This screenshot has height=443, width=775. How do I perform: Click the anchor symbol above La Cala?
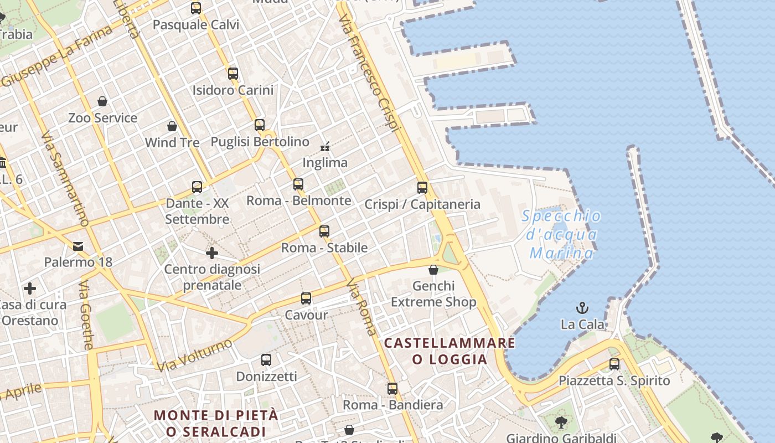(x=582, y=308)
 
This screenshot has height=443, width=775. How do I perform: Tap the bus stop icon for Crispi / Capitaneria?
(x=422, y=188)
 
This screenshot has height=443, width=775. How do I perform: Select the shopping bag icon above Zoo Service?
(x=102, y=101)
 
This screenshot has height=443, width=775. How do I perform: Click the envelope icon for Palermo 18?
(x=78, y=246)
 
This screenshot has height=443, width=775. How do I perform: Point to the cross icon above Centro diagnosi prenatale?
(x=211, y=253)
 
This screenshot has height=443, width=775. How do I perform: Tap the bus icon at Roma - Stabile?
(x=324, y=231)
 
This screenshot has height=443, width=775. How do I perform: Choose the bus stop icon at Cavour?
(x=306, y=298)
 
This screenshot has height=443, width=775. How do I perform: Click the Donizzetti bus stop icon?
(x=266, y=360)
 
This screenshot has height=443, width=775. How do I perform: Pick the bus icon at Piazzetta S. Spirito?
(x=614, y=364)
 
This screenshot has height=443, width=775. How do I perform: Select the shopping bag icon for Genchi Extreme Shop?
(x=433, y=270)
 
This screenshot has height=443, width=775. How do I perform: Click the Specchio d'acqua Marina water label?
(x=561, y=235)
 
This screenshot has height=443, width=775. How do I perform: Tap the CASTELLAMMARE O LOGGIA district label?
(x=449, y=351)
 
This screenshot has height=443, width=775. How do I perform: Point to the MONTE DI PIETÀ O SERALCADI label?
(x=216, y=423)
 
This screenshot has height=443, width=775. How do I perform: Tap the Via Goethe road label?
(x=86, y=315)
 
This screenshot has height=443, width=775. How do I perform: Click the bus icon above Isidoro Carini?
(x=233, y=73)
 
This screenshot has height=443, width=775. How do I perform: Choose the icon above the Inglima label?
(x=325, y=147)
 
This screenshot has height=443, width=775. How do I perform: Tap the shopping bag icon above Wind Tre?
(x=172, y=126)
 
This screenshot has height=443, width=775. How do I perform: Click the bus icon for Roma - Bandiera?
(x=392, y=389)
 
